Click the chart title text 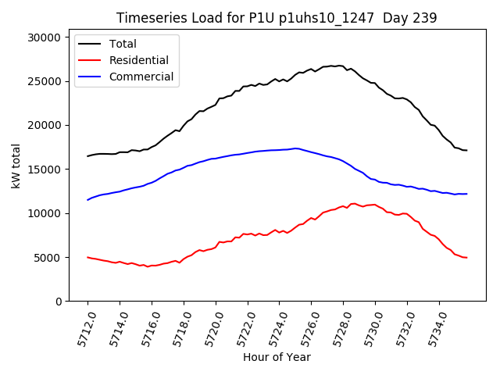tap(277, 18)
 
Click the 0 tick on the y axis tap(58, 302)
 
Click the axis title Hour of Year tap(277, 357)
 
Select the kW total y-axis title tap(16, 166)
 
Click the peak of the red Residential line tap(354, 203)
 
